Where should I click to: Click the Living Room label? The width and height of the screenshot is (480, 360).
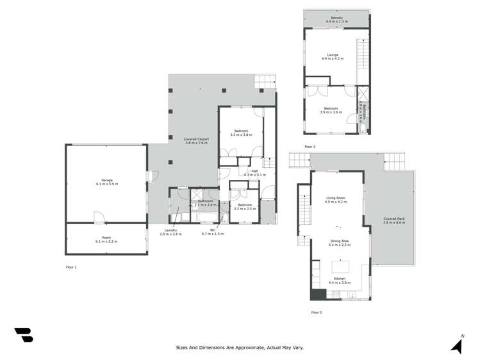click(336, 200)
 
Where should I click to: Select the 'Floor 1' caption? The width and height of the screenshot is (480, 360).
click(71, 266)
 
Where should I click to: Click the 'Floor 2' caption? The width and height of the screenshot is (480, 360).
click(316, 312)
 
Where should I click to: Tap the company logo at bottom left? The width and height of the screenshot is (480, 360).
click(23, 334)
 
